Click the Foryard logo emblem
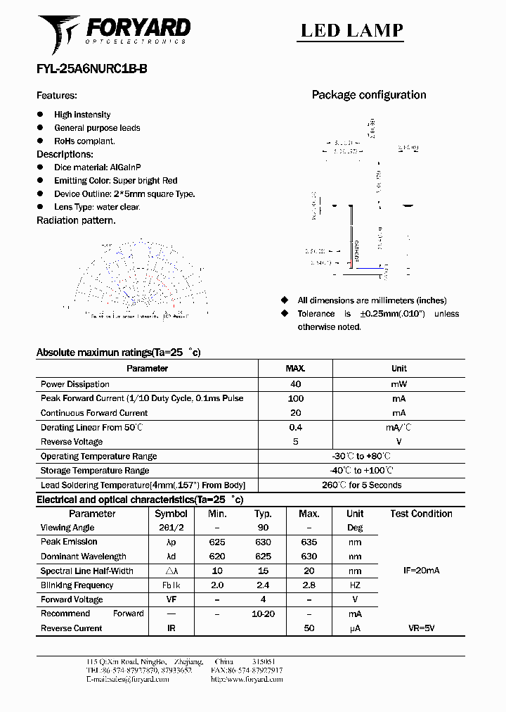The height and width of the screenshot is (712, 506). pyautogui.click(x=59, y=33)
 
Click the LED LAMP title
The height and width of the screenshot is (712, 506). pyautogui.click(x=352, y=30)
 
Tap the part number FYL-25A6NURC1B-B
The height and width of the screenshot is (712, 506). pyautogui.click(x=91, y=69)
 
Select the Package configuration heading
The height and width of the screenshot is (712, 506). pyautogui.click(x=368, y=95)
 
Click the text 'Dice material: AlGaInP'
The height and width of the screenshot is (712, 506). pyautogui.click(x=98, y=167)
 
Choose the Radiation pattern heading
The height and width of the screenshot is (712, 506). pyautogui.click(x=76, y=220)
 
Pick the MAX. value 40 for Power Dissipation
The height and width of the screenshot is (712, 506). pyautogui.click(x=295, y=384)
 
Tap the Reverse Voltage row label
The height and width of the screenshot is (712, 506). pyautogui.click(x=72, y=442)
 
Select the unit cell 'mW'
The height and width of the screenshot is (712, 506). pyautogui.click(x=398, y=384)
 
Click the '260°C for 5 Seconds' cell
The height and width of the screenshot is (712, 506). pyautogui.click(x=361, y=485)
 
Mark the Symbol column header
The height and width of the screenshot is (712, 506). pyautogui.click(x=171, y=514)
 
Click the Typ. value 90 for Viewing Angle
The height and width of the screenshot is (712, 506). pyautogui.click(x=263, y=528)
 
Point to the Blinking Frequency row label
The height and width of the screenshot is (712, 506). pyautogui.click(x=77, y=585)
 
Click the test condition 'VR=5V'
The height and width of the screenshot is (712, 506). pyautogui.click(x=421, y=628)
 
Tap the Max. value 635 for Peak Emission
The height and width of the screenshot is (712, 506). pyautogui.click(x=309, y=542)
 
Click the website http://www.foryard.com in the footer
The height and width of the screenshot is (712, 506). pyautogui.click(x=247, y=680)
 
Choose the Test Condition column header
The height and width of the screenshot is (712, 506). pyautogui.click(x=421, y=514)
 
